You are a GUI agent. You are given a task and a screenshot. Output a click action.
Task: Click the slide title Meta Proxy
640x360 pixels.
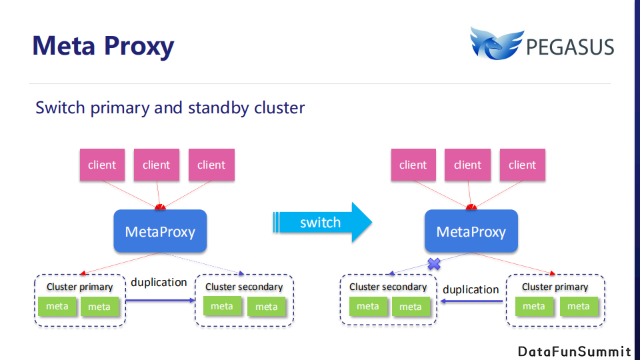pos(103,46)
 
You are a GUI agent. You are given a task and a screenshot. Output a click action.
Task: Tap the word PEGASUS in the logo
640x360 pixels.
pos(570,47)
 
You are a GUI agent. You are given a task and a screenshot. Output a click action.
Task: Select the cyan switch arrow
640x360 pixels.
pos(322,223)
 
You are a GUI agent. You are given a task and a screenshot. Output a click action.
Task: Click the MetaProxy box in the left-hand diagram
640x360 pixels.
pos(160,231)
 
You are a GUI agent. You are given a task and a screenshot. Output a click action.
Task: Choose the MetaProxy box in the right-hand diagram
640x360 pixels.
pos(471,231)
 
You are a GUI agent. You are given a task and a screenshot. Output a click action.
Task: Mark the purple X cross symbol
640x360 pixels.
pos(434,264)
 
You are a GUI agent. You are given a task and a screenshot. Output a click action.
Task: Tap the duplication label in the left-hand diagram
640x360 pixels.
pos(159,282)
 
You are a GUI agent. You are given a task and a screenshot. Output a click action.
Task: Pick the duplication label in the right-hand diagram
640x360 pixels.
pos(471,289)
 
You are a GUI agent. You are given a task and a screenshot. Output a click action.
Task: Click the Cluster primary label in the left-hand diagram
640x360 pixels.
pos(79,287)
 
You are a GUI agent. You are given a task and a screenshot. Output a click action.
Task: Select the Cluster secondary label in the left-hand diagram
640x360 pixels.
pos(244,287)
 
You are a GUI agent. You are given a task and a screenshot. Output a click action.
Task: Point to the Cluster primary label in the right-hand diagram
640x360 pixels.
pos(555,287)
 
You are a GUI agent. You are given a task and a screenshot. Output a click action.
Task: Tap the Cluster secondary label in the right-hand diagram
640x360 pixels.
pos(388,287)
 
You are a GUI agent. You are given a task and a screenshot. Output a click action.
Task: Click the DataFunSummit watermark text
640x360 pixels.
pos(574,351)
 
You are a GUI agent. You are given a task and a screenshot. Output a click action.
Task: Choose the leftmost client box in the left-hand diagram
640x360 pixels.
pos(102,165)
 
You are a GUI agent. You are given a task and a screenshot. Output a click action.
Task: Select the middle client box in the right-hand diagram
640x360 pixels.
pos(467,165)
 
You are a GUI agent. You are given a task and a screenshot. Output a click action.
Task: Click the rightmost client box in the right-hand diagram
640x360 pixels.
pos(522,165)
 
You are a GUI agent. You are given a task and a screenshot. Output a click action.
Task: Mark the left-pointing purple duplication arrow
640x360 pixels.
pos(471,301)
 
